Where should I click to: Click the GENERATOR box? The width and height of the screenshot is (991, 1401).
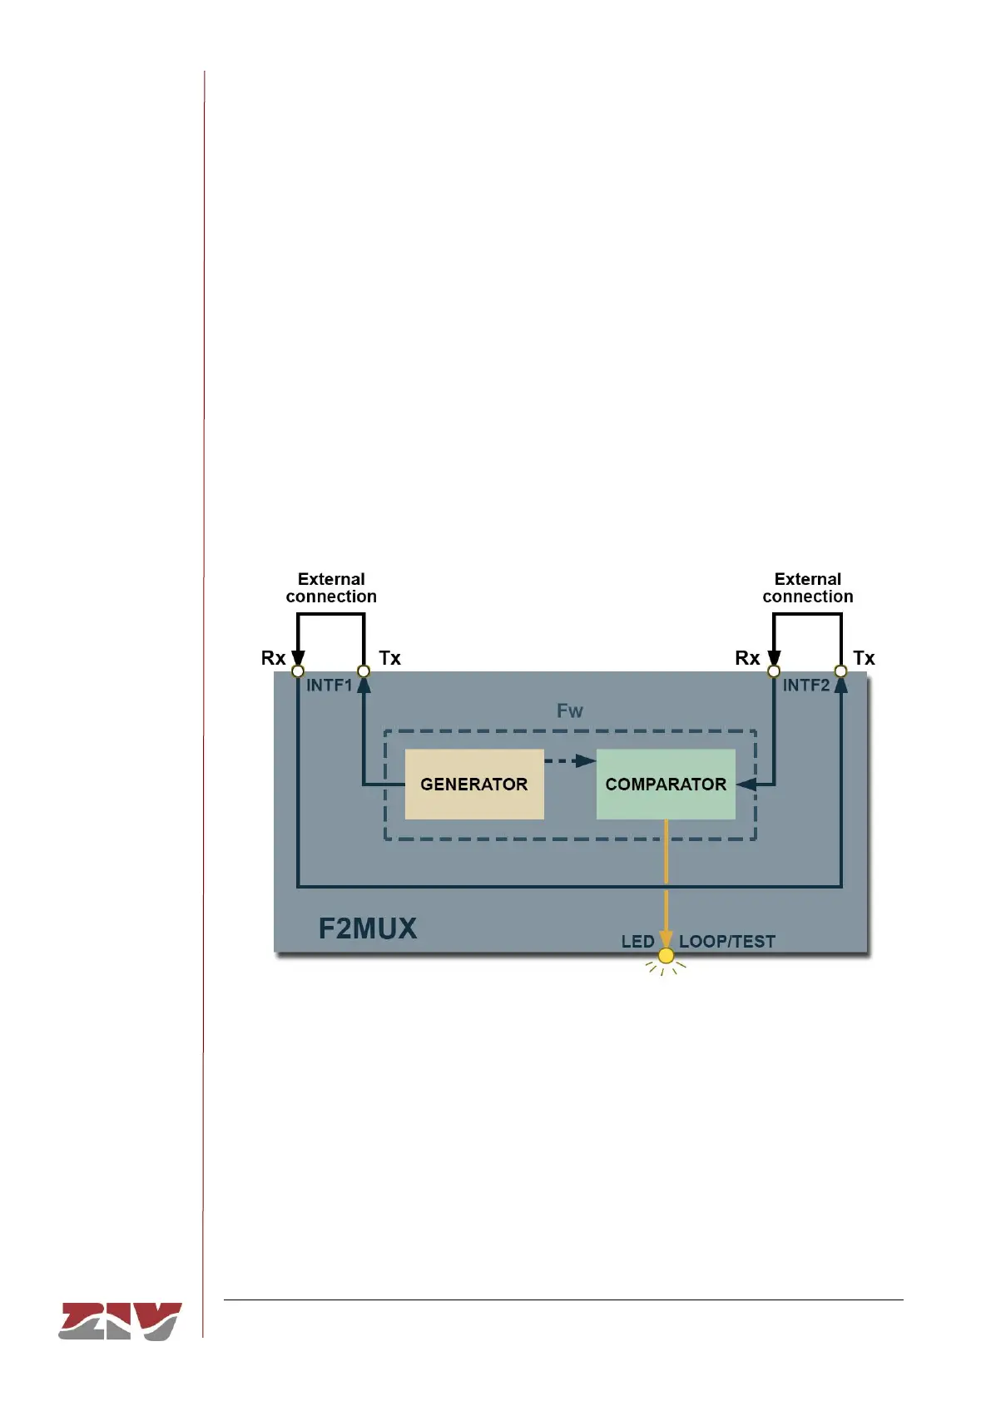click(x=473, y=785)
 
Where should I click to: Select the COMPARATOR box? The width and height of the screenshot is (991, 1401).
click(x=666, y=785)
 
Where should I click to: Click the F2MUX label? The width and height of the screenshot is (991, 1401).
click(x=367, y=928)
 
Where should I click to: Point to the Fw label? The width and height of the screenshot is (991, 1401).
click(x=570, y=711)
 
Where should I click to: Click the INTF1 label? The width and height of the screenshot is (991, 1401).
click(x=330, y=686)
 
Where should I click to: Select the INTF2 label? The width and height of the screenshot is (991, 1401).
click(x=805, y=686)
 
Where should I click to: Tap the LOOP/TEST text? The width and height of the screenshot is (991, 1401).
click(x=727, y=942)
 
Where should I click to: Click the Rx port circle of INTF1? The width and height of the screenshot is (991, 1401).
click(x=298, y=671)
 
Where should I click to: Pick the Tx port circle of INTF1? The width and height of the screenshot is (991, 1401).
click(x=364, y=671)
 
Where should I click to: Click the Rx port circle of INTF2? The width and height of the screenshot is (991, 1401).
click(x=774, y=671)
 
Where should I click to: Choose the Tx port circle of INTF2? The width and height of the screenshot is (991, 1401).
click(x=841, y=671)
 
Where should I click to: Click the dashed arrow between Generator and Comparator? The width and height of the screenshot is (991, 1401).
click(x=570, y=760)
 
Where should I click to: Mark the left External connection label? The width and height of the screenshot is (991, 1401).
click(x=331, y=588)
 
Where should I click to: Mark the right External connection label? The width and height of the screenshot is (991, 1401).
click(x=808, y=588)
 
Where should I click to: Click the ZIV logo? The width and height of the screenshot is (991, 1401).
click(x=120, y=1321)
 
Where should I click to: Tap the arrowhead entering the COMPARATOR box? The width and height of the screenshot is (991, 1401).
click(x=746, y=785)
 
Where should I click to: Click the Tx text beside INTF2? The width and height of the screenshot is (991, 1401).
click(x=864, y=658)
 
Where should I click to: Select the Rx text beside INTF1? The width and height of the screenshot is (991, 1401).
click(x=273, y=658)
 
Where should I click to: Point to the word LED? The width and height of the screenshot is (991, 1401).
click(x=637, y=942)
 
